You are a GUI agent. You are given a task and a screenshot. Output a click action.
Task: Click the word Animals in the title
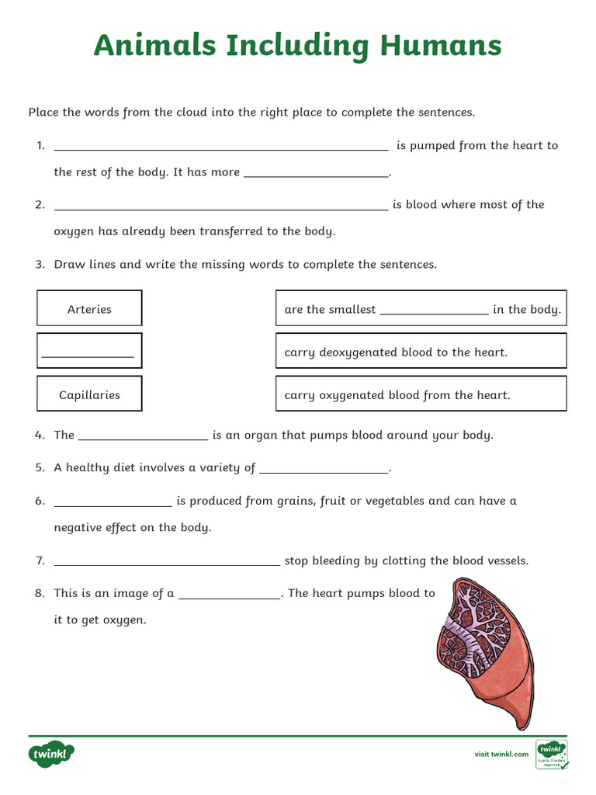click(x=154, y=46)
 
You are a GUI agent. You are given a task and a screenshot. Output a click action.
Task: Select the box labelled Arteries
click(x=89, y=308)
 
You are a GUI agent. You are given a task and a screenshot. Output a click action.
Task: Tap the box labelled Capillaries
click(x=89, y=394)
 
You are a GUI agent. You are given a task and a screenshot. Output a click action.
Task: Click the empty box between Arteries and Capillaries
click(x=89, y=351)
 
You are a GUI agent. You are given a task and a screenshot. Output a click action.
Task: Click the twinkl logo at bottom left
click(x=52, y=753)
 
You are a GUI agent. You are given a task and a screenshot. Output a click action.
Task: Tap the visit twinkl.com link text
click(x=501, y=754)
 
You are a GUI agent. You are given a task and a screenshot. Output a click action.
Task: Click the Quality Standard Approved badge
click(x=552, y=754)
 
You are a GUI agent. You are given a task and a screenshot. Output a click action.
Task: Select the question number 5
click(x=40, y=468)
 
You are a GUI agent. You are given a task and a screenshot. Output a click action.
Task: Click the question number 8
click(x=40, y=593)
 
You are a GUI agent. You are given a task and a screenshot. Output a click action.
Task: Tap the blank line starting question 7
click(x=167, y=564)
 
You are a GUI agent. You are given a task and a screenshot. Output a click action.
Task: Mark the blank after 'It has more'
click(x=316, y=175)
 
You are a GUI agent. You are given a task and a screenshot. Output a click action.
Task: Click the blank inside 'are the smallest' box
click(x=434, y=312)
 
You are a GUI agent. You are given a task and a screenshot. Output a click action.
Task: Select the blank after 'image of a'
click(x=230, y=596)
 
